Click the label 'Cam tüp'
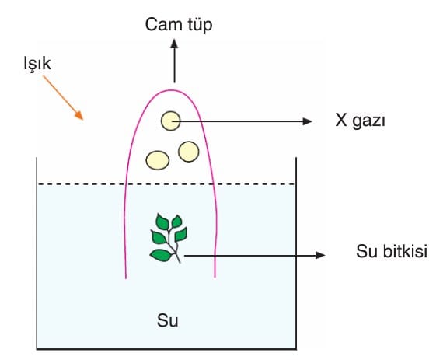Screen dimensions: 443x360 179,25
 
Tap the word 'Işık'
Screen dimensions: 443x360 37,64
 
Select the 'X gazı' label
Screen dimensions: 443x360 360,121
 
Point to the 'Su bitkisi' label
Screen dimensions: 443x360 392,251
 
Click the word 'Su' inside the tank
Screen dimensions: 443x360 168,320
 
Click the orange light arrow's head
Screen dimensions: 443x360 79,115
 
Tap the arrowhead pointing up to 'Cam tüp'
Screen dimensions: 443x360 174,44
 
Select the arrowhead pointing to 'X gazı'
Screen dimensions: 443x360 307,121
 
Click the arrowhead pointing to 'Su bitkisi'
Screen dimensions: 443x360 320,255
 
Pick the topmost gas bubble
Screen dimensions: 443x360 171,121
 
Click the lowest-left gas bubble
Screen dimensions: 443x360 157,160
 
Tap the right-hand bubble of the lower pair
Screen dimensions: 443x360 188,152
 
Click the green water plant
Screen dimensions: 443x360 169,238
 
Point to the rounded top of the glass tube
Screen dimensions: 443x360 171,90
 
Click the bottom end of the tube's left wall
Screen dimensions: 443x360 126,278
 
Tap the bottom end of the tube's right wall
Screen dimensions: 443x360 215,278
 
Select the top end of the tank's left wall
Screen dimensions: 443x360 37,158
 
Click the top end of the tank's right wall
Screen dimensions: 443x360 296,158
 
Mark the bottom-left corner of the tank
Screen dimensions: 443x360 37,349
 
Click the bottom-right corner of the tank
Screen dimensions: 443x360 296,349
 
